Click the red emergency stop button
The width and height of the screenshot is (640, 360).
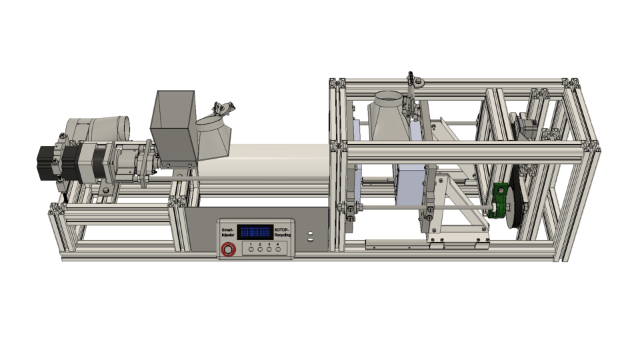(x=229, y=250)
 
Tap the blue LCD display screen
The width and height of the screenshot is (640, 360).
(x=255, y=232)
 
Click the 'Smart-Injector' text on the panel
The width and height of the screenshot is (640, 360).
(x=228, y=233)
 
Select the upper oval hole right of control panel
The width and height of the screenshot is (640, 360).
(x=310, y=233)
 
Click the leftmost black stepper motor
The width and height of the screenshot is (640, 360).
(x=48, y=162)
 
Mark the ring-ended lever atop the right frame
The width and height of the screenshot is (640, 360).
(x=417, y=81)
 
